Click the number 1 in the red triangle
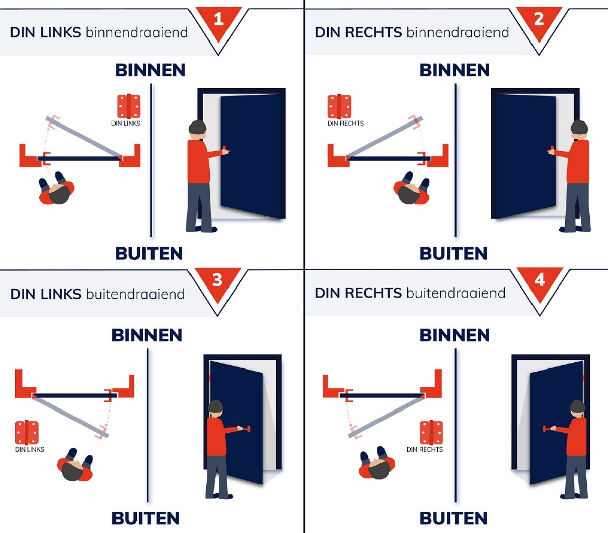point(218,19)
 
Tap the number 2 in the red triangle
point(539,19)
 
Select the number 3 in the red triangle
point(217,280)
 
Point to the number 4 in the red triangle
point(540,280)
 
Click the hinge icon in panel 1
point(129,106)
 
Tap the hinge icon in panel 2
point(339,106)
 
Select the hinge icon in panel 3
point(27,433)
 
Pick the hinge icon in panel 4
point(431,433)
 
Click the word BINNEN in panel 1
point(150,70)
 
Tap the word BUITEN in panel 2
point(453,253)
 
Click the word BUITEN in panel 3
point(146,518)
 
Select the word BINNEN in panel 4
point(454,335)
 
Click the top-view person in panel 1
point(57,188)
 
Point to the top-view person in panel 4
point(377,463)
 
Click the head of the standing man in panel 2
point(579,130)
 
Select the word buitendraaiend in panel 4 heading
point(456,293)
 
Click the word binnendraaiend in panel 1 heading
point(137,32)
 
